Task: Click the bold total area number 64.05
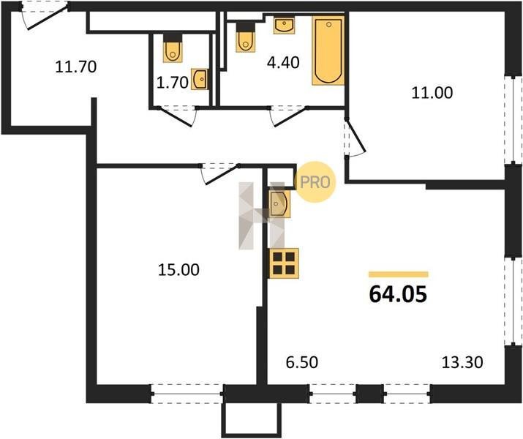pyautogui.click(x=398, y=295)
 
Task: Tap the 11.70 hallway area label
pyautogui.click(x=76, y=67)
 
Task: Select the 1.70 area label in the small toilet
pyautogui.click(x=173, y=83)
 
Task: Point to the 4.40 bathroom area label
pyautogui.click(x=283, y=62)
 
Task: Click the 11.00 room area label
pyautogui.click(x=432, y=92)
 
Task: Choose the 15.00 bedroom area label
pyautogui.click(x=178, y=269)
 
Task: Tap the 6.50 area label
pyautogui.click(x=302, y=362)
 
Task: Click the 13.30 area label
pyautogui.click(x=462, y=362)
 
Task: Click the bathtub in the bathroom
pyautogui.click(x=328, y=50)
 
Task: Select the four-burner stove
pyautogui.click(x=284, y=263)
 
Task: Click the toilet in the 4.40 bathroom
pyautogui.click(x=246, y=37)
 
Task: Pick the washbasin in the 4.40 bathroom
pyautogui.click(x=285, y=26)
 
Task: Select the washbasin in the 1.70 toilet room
pyautogui.click(x=200, y=79)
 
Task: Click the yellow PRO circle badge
pyautogui.click(x=315, y=181)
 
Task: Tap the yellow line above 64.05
pyautogui.click(x=398, y=274)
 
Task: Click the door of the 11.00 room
pyautogui.click(x=355, y=137)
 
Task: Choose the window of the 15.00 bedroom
pyautogui.click(x=187, y=394)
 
